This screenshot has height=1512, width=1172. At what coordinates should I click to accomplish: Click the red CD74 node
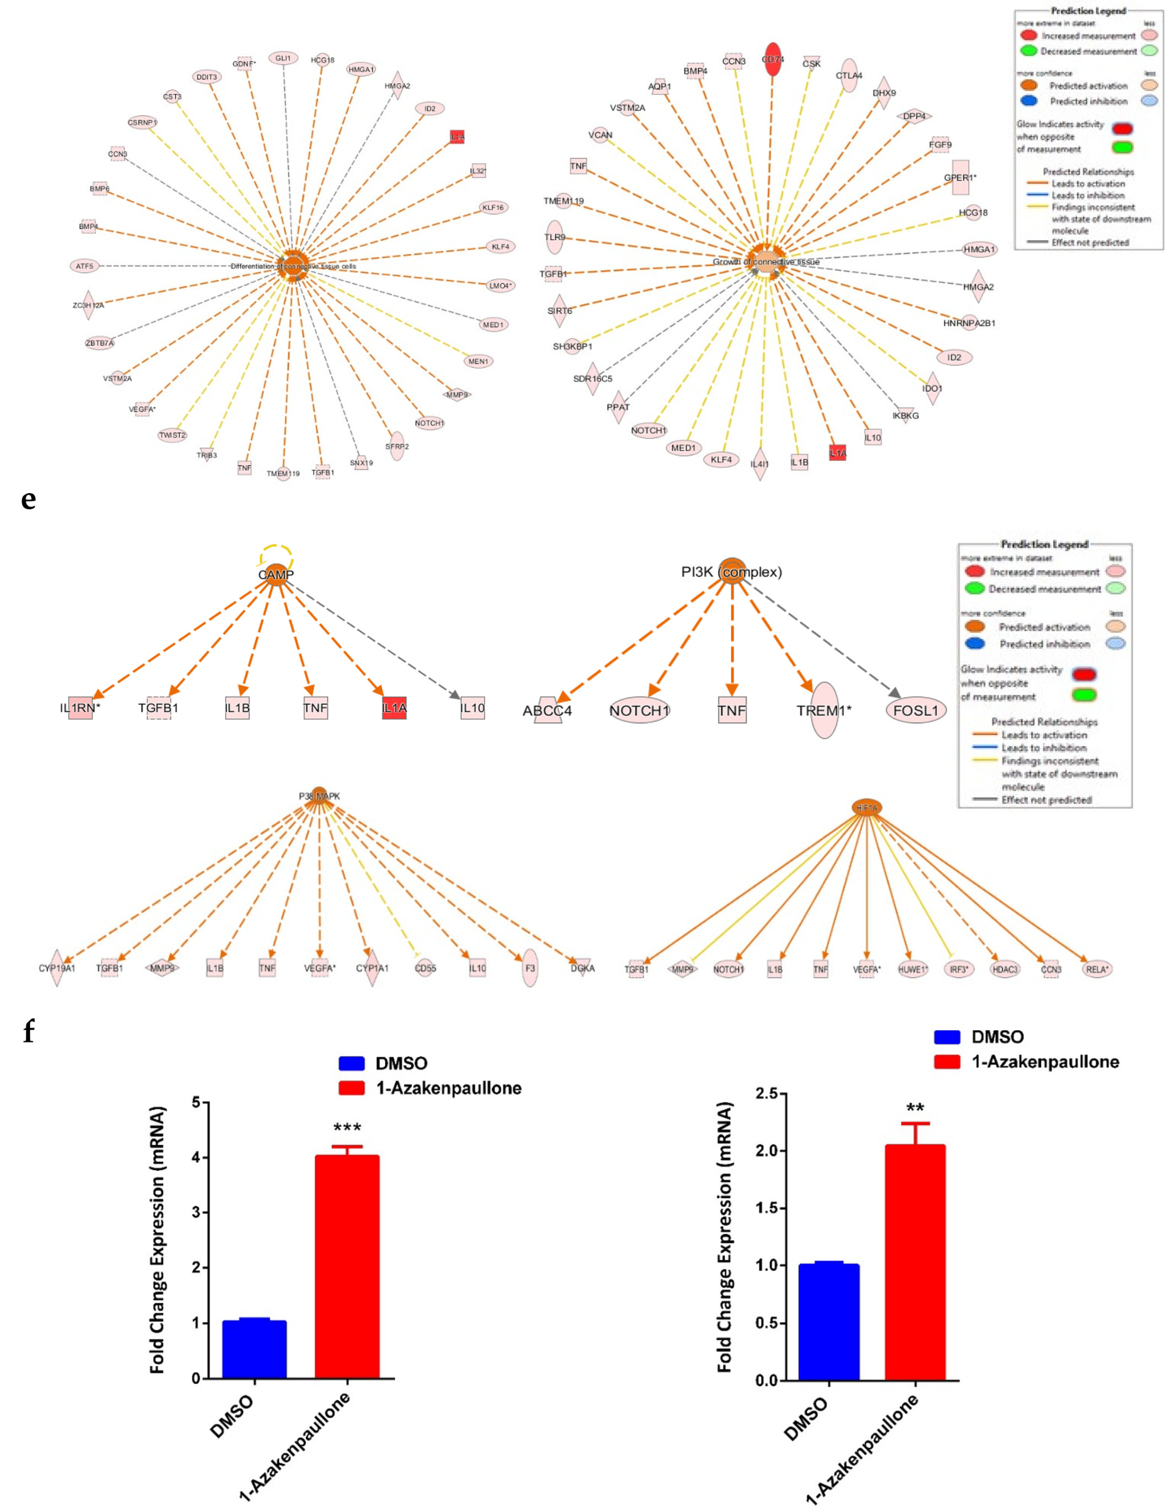(x=772, y=60)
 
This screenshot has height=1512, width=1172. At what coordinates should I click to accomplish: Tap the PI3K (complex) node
(x=732, y=571)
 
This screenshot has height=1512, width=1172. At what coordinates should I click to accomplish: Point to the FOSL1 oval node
(x=915, y=710)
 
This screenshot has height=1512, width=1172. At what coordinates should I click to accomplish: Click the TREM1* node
(x=824, y=710)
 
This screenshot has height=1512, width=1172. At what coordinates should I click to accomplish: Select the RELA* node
(x=1096, y=969)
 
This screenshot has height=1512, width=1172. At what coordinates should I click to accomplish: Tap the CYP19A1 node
(x=57, y=968)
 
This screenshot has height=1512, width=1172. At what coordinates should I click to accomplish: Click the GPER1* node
(x=960, y=178)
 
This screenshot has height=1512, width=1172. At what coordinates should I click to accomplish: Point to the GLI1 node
(x=283, y=58)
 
